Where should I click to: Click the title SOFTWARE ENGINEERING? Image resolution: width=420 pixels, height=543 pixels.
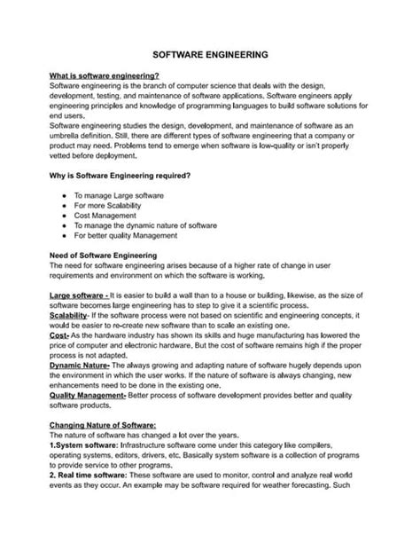click(x=209, y=54)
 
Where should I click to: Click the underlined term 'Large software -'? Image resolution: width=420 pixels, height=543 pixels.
click(x=78, y=293)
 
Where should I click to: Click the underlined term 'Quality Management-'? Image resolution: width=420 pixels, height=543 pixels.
click(x=89, y=395)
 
